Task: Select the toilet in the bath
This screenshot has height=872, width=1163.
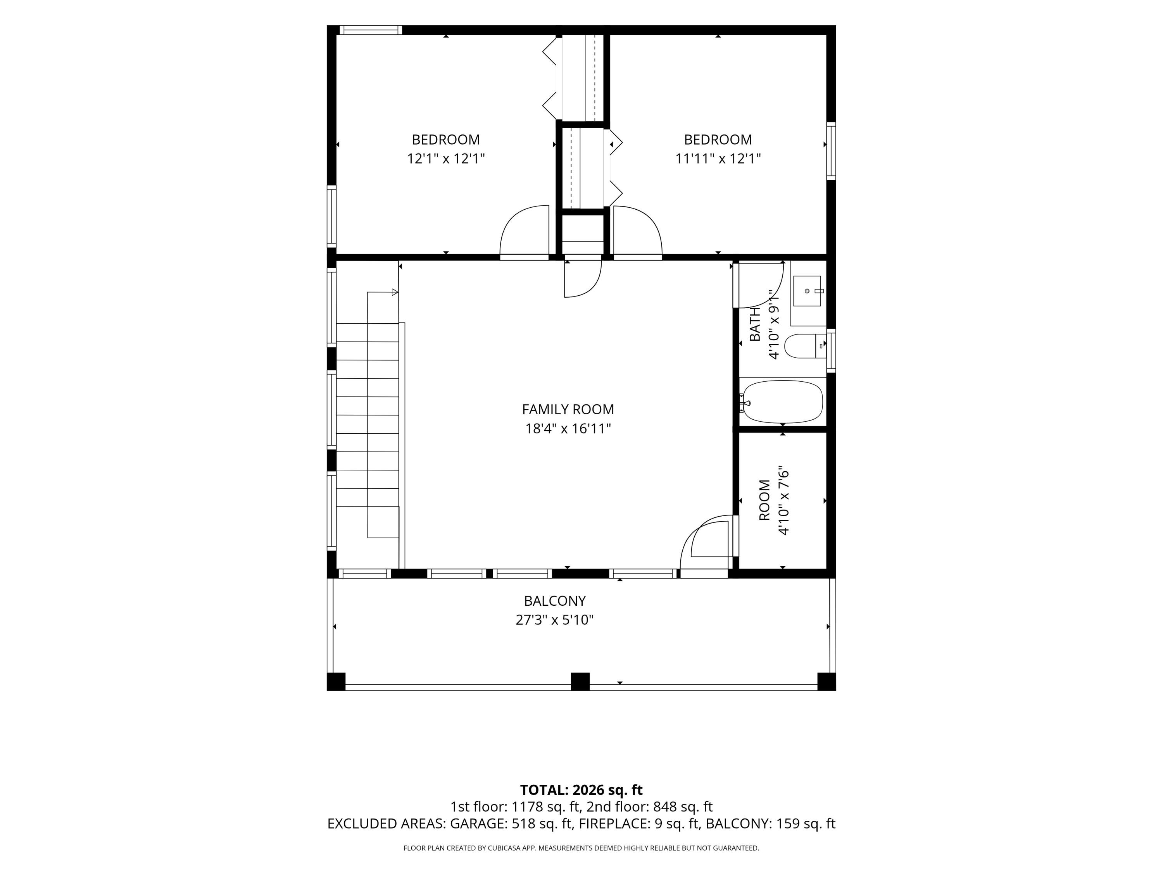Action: click(805, 346)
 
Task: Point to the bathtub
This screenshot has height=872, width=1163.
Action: click(782, 402)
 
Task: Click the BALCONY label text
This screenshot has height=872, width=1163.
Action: click(555, 601)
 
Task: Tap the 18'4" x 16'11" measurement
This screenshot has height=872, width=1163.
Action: click(568, 428)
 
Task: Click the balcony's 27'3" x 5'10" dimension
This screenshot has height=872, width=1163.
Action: click(555, 620)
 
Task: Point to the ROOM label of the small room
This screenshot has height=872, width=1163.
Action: click(764, 500)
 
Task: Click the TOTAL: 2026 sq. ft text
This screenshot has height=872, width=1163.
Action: click(581, 790)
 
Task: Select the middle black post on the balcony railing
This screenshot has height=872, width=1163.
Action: click(580, 682)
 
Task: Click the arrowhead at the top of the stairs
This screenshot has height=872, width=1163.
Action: click(395, 292)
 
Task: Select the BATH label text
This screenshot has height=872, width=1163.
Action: click(754, 324)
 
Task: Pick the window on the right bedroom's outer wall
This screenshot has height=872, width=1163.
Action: click(831, 152)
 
